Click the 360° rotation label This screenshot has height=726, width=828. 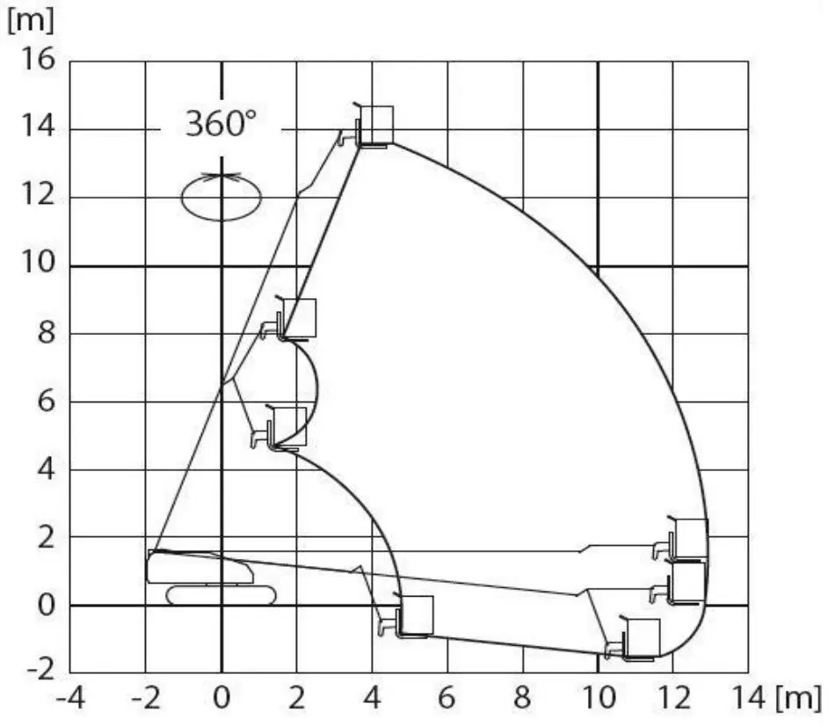click(x=221, y=124)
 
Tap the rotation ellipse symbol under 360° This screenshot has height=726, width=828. click(x=221, y=197)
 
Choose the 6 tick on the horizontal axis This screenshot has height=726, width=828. click(x=447, y=700)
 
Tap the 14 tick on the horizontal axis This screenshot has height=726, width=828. click(x=749, y=700)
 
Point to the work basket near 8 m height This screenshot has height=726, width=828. click(x=299, y=318)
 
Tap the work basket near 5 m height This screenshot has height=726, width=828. click(x=289, y=427)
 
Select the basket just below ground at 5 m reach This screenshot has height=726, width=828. click(x=415, y=615)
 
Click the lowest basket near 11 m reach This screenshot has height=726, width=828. click(x=641, y=638)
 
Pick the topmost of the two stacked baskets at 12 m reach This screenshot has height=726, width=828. click(x=690, y=538)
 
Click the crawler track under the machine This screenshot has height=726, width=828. click(x=221, y=595)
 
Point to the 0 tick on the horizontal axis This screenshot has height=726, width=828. click(x=222, y=700)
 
